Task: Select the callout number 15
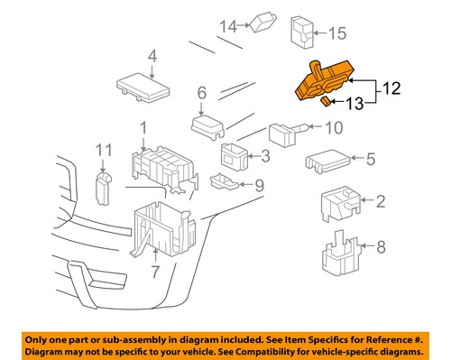[x=336, y=33]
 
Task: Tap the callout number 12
[x=389, y=88]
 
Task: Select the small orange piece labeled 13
[x=326, y=103]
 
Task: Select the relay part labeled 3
[x=235, y=154]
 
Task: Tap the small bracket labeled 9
[x=222, y=182]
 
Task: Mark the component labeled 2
[x=338, y=204]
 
